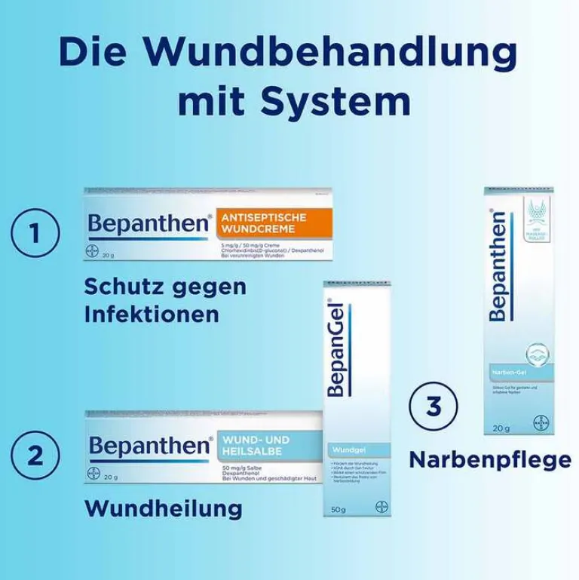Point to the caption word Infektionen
point(146,313)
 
